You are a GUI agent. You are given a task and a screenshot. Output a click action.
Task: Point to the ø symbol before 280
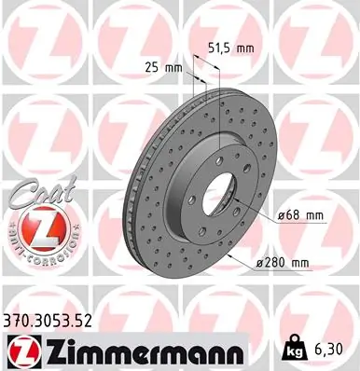coord(261,262)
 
